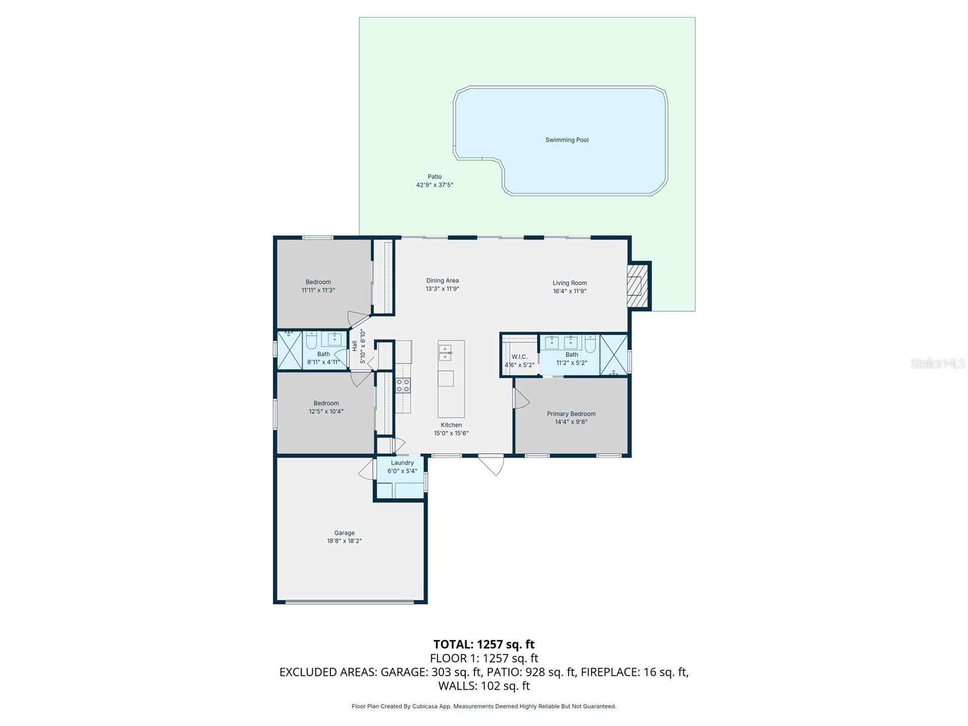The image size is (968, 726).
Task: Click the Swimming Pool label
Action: click(567, 140)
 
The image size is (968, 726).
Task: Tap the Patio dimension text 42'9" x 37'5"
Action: click(434, 185)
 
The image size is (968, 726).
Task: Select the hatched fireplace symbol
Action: click(638, 286)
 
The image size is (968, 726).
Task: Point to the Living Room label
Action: click(570, 283)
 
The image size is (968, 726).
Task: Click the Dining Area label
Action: click(442, 280)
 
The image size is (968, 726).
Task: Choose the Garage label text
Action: click(344, 532)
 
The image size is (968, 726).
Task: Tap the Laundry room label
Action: click(402, 462)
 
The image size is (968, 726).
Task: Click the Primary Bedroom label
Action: click(571, 413)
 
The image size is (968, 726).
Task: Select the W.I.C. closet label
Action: click(520, 356)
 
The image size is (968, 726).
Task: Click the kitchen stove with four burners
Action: click(403, 385)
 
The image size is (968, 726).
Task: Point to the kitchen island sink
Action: click(445, 353)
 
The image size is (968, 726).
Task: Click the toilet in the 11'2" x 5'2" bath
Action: click(590, 341)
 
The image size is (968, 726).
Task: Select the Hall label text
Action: click(355, 346)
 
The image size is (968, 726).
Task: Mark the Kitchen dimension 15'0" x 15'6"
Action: click(451, 433)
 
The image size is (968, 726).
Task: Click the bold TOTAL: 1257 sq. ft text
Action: click(484, 644)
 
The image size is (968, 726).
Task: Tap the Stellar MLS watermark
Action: click(938, 363)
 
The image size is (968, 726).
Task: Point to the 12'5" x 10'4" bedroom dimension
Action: click(326, 411)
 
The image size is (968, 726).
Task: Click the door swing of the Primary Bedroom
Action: click(521, 398)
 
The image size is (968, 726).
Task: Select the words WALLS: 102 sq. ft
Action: click(484, 685)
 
